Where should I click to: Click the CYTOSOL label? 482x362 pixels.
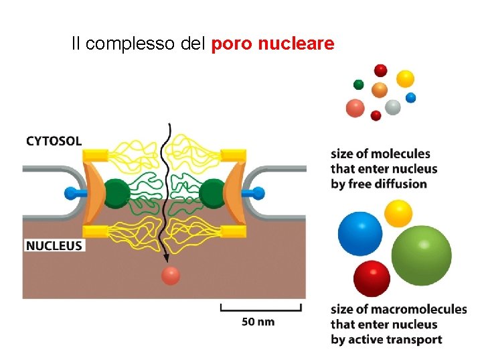click(x=54, y=141)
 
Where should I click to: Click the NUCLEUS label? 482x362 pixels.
click(x=54, y=245)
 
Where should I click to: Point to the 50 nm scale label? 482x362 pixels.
click(x=258, y=322)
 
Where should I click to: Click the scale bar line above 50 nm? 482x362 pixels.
click(x=261, y=309)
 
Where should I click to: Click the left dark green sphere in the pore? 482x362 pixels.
click(x=118, y=194)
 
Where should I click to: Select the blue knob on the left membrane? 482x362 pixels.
click(x=72, y=194)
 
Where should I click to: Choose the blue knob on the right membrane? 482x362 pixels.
click(x=258, y=194)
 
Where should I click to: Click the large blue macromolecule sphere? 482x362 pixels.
click(x=360, y=233)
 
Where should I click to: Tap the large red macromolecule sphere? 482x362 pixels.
click(x=372, y=278)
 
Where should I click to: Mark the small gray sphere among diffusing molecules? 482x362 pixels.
click(x=393, y=107)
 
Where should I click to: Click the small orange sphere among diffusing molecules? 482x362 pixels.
click(x=380, y=90)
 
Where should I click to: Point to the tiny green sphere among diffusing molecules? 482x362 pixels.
click(x=359, y=84)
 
